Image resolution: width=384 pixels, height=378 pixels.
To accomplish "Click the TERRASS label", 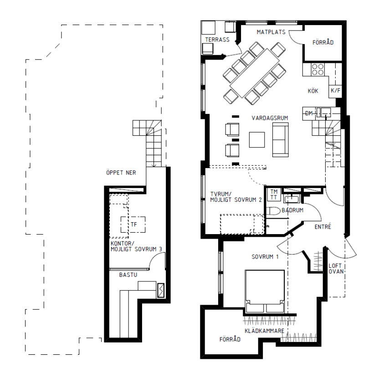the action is tap(217, 40).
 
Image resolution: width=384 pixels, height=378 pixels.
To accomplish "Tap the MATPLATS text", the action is tap(271, 32).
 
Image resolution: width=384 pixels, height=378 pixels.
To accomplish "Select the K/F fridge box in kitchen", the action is tap(335, 91).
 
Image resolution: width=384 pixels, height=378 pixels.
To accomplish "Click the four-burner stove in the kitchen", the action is tap(317, 69).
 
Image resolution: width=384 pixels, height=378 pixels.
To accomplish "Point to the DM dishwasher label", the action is tap(309, 113).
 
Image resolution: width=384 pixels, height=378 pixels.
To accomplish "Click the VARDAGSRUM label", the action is tap(270, 118).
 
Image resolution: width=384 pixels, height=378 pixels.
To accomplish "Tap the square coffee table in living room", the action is tap(257, 140).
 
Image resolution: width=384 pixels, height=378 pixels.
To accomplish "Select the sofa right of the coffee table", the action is tap(281, 140).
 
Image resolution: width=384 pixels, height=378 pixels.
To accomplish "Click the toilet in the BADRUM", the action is tap(273, 211).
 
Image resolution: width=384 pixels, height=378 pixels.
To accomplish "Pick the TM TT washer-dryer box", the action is tap(274, 194).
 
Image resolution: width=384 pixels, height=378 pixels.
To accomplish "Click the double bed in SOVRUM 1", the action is tap(265, 291).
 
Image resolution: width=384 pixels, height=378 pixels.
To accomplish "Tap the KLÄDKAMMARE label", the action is tap(265, 331).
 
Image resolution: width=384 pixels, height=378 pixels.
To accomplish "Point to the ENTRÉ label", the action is tap(323, 227).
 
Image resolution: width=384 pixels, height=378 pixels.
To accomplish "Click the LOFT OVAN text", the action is tap(336, 269).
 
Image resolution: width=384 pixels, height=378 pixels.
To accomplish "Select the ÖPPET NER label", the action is tap(121, 173).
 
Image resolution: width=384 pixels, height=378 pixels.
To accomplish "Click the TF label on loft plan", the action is tap(134, 225).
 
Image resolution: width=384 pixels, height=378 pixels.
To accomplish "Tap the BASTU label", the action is tap(128, 275).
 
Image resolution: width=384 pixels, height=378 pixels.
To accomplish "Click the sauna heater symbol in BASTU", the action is tap(161, 291).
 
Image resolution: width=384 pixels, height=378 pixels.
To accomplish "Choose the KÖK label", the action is tap(313, 91).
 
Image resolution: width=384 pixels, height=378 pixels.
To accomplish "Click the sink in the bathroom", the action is tap(292, 199).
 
